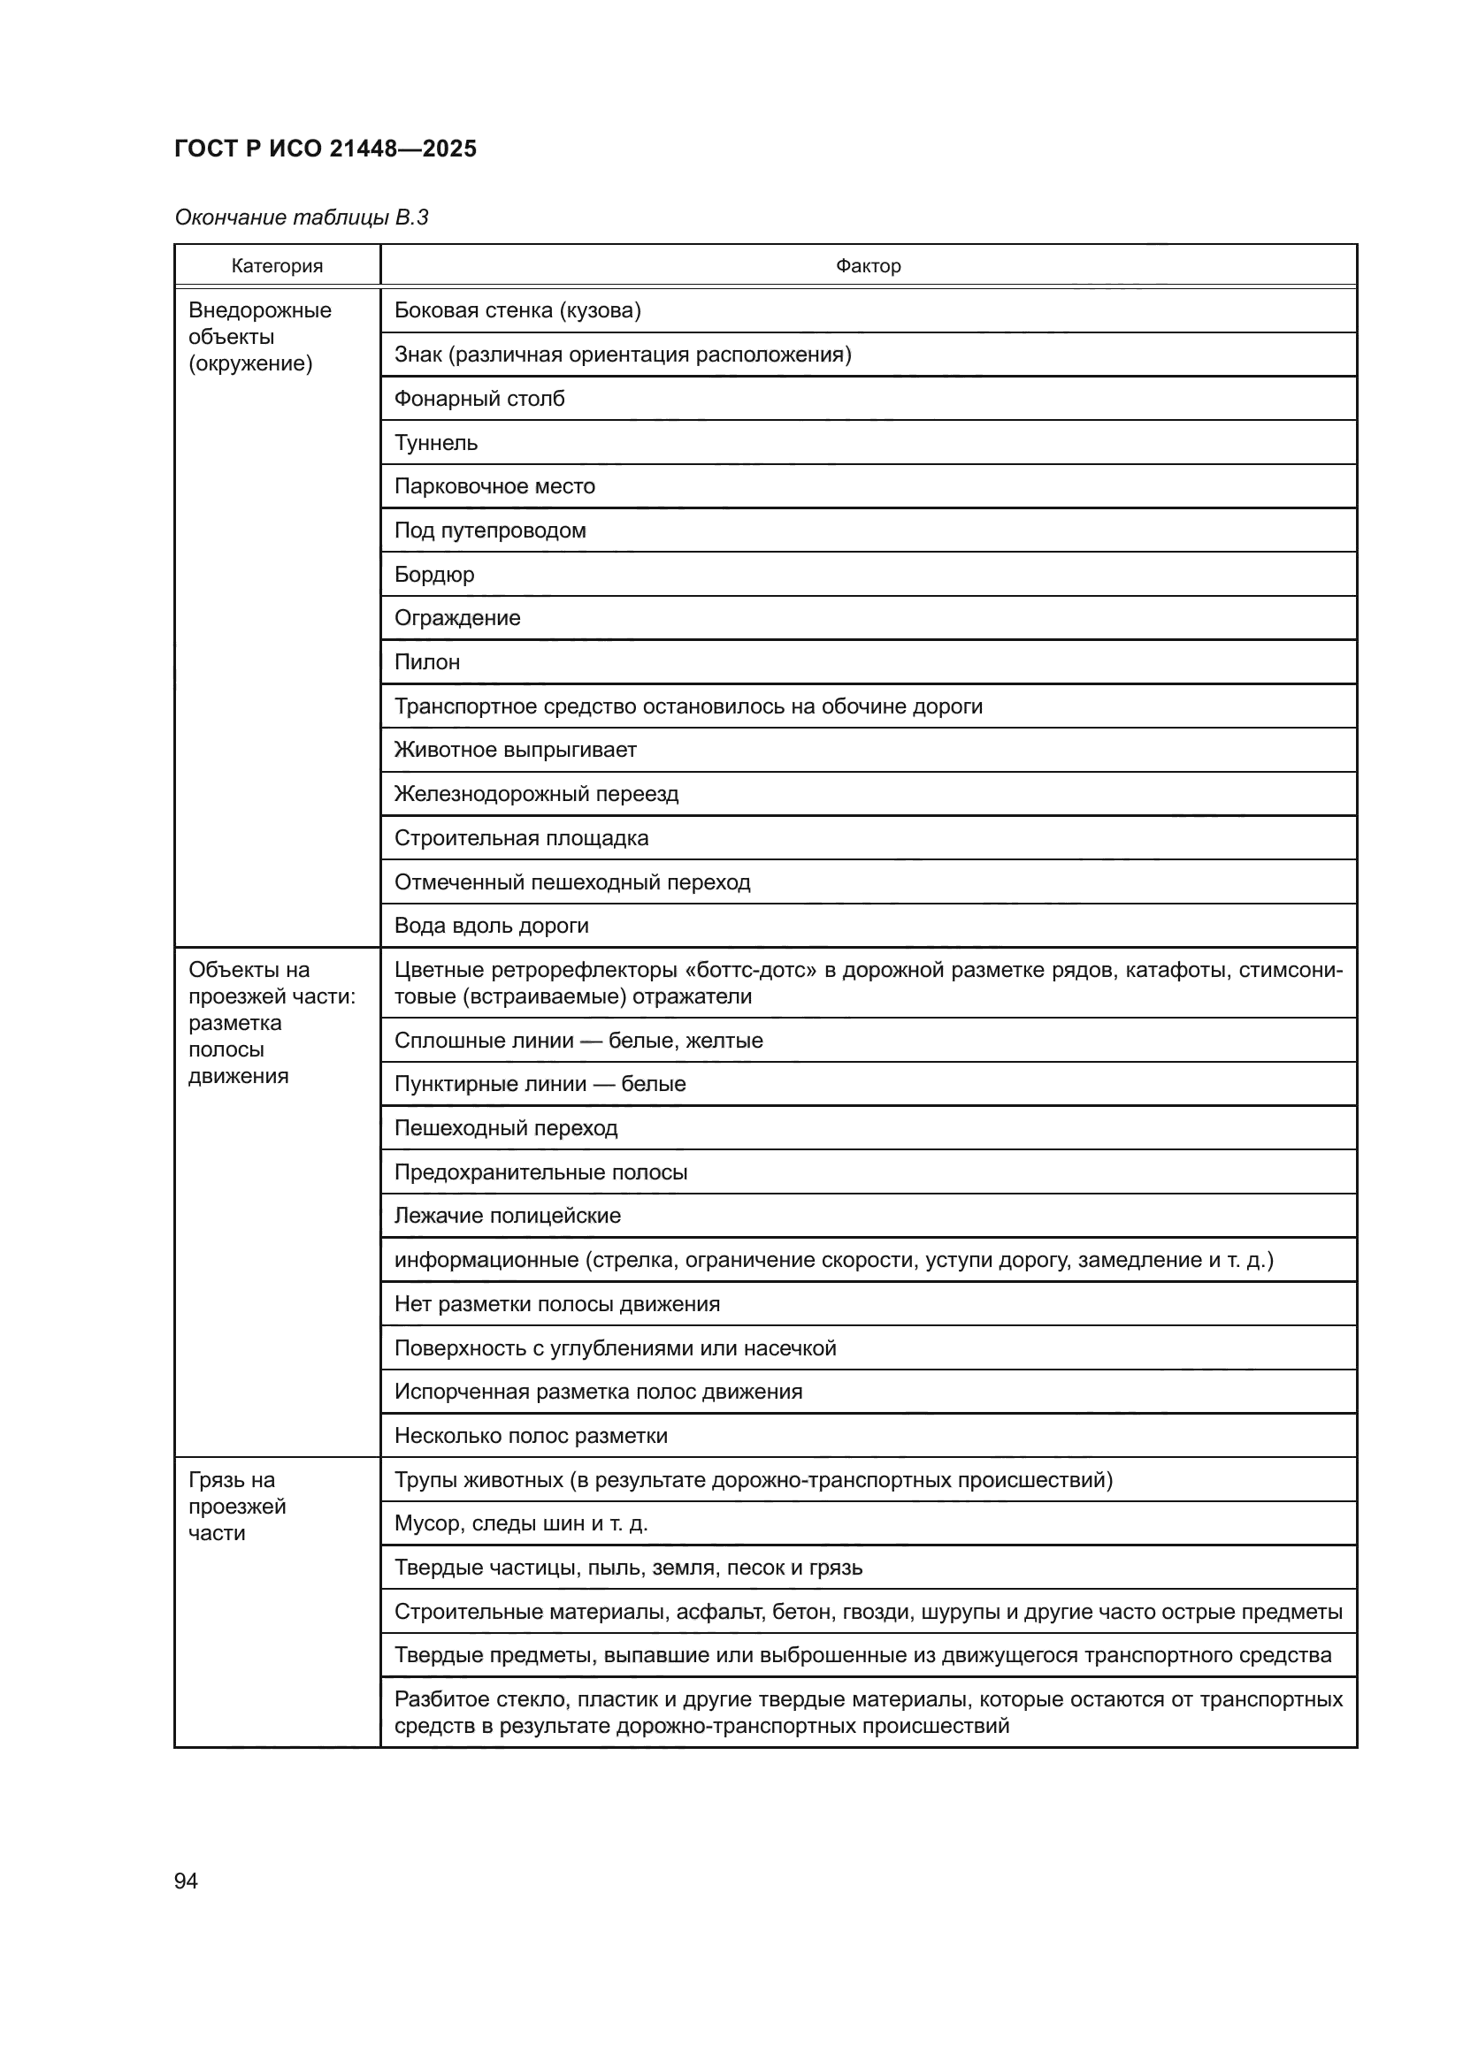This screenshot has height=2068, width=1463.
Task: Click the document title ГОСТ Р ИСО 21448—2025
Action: (x=326, y=149)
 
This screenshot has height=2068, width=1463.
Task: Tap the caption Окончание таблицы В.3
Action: (x=301, y=217)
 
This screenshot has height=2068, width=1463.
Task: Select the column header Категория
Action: (x=277, y=266)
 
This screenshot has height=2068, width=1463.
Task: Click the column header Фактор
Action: (x=868, y=266)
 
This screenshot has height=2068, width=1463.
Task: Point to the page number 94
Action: (x=186, y=1881)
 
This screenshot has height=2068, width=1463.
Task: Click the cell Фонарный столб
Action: (x=479, y=398)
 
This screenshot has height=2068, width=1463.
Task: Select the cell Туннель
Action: (x=436, y=442)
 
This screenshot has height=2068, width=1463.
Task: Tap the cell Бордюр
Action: (x=434, y=574)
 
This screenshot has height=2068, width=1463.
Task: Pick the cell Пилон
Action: (x=427, y=662)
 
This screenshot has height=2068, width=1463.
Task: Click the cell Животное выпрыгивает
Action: (x=516, y=750)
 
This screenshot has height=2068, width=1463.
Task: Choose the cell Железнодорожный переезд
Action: (x=536, y=793)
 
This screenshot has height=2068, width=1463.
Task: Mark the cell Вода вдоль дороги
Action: (x=491, y=925)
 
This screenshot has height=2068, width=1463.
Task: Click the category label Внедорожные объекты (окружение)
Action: (x=259, y=337)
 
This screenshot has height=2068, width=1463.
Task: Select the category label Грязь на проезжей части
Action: (x=236, y=1506)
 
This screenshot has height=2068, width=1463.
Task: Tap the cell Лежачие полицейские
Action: (x=507, y=1215)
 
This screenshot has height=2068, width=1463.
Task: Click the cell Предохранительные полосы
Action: (x=540, y=1171)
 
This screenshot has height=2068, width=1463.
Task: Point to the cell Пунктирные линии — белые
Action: (x=540, y=1084)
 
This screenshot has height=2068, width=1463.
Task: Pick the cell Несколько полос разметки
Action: (x=531, y=1436)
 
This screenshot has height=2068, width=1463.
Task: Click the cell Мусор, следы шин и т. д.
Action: (x=521, y=1523)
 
